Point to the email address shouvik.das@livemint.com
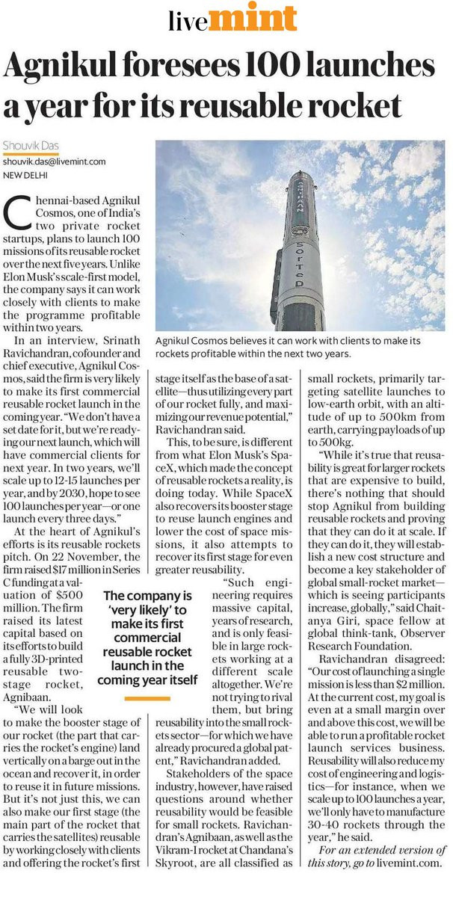(x=54, y=161)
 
